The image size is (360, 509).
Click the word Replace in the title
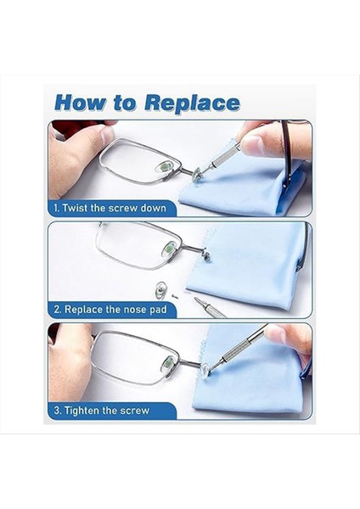(192, 103)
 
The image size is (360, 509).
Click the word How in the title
(80, 103)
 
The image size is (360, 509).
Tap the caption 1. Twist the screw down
(110, 208)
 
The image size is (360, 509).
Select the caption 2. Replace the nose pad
(110, 309)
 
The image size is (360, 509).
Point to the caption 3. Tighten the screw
(102, 411)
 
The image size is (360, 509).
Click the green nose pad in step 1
(164, 167)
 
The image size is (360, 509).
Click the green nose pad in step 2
(168, 249)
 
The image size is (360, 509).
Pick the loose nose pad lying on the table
(160, 290)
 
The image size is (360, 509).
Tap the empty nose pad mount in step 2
(205, 254)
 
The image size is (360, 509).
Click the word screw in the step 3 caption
(135, 411)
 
